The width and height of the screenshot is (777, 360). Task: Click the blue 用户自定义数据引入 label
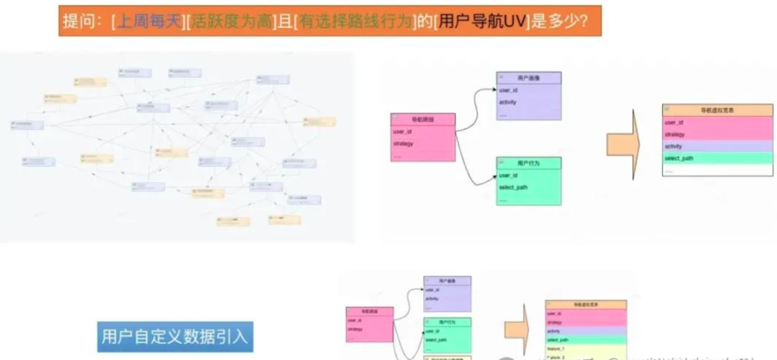tap(175, 338)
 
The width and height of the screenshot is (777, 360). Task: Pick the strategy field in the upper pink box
tap(404, 143)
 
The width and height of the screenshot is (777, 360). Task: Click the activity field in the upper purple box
tap(508, 102)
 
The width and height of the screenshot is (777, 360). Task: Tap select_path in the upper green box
tap(513, 188)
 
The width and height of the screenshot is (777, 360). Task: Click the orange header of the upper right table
tap(717, 110)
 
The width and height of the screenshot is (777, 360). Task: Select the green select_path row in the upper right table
tap(717, 158)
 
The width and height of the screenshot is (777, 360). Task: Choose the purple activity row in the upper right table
tap(717, 146)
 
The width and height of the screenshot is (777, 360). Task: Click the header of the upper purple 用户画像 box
tap(529, 78)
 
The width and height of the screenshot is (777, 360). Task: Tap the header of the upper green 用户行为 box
tap(529, 163)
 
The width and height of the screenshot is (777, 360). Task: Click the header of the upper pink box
tap(423, 119)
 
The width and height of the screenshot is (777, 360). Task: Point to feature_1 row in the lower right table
tap(585, 349)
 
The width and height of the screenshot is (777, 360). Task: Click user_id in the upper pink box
tap(402, 132)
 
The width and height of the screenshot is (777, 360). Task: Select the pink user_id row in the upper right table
tap(717, 122)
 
